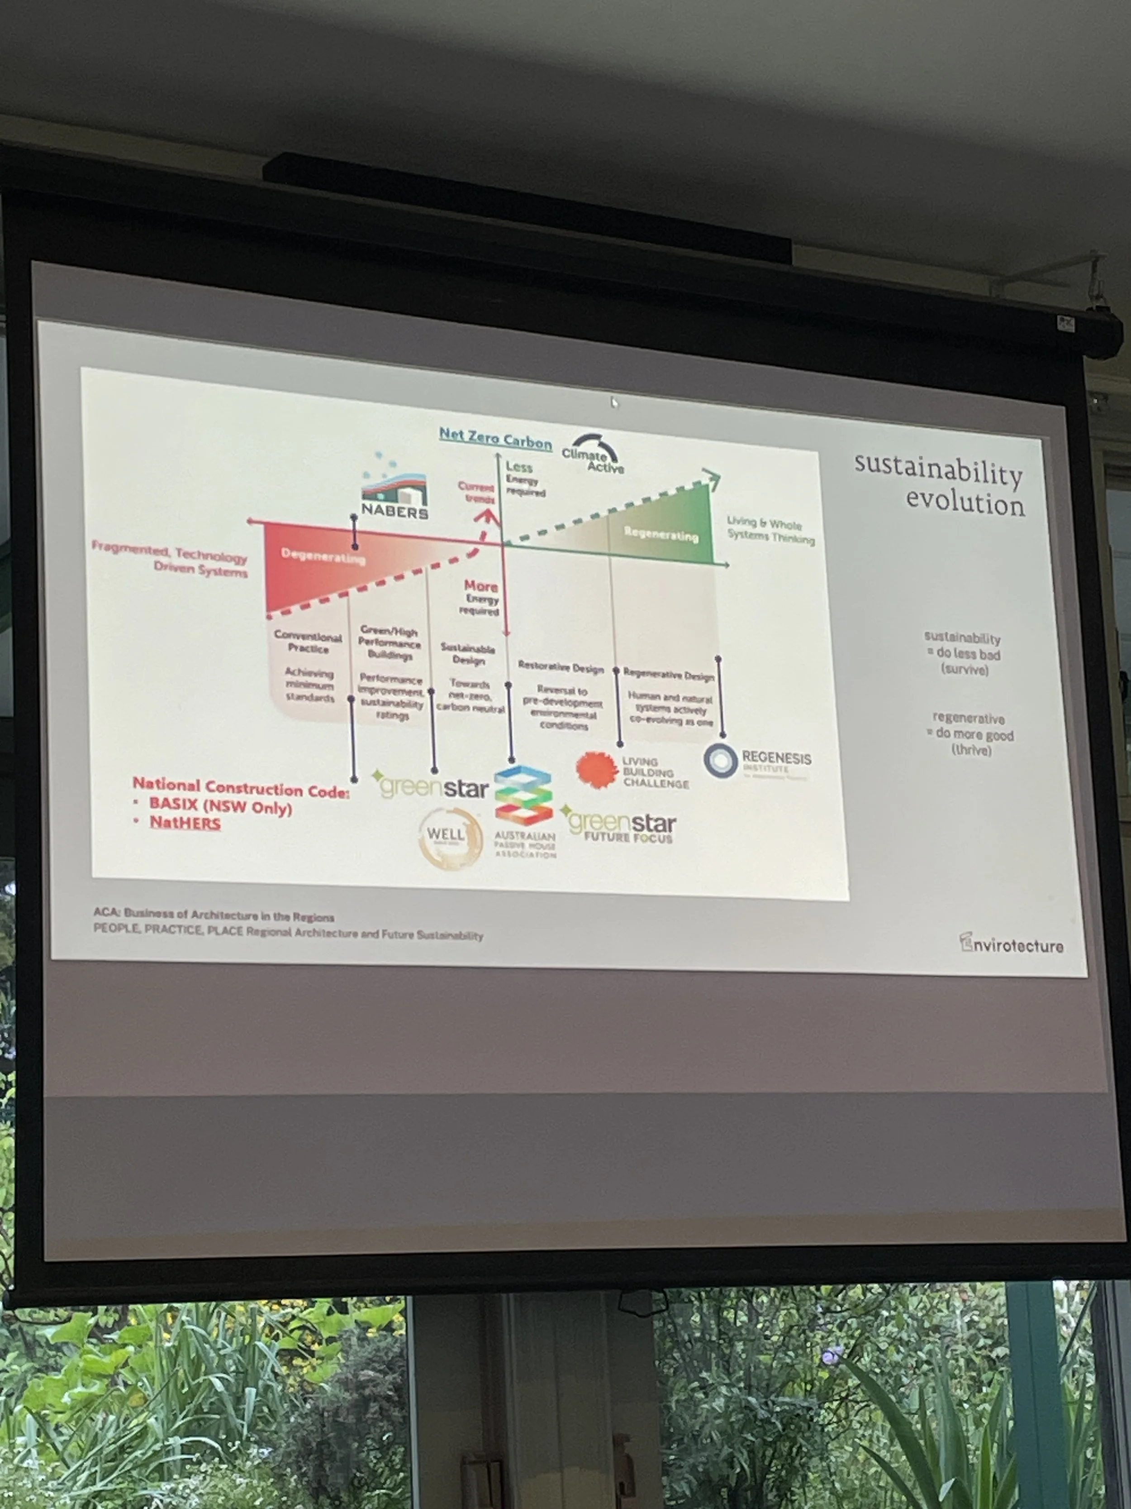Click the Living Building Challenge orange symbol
[596, 770]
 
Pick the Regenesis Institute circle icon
[721, 761]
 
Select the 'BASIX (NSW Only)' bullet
[220, 806]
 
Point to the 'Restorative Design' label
[561, 666]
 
